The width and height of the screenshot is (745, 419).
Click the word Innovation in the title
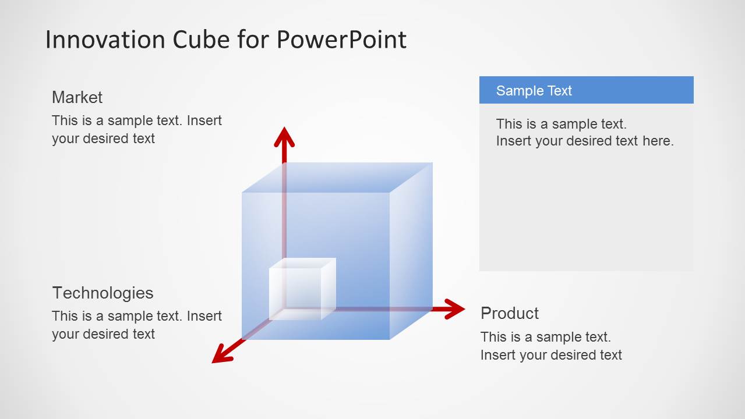[105, 40]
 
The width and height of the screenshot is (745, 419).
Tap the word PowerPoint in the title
[341, 40]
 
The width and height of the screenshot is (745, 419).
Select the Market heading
[77, 97]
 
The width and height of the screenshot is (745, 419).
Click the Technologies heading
[103, 293]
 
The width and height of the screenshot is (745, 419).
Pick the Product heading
[510, 313]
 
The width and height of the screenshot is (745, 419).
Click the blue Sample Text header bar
[586, 90]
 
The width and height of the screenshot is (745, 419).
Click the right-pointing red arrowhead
[454, 309]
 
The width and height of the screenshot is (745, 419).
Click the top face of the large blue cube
[337, 177]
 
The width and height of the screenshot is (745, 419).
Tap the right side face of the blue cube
[411, 250]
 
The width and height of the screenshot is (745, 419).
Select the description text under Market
[136, 129]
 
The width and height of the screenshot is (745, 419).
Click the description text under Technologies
[136, 325]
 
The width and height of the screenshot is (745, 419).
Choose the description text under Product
[550, 346]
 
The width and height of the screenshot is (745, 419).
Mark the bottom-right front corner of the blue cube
[389, 339]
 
